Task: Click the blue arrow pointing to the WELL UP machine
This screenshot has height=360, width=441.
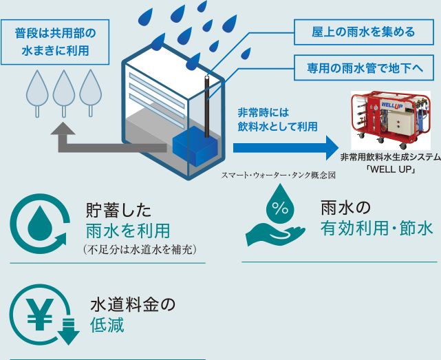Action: pos(285,147)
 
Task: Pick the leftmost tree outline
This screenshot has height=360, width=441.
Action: pos(36,89)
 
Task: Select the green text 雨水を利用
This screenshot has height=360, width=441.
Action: pos(127,230)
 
